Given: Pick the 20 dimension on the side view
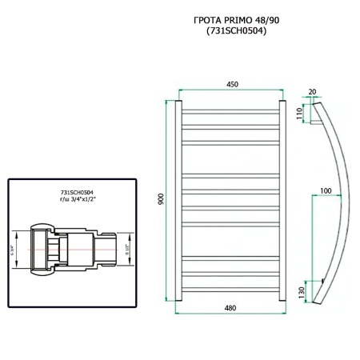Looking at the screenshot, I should (x=312, y=92).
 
